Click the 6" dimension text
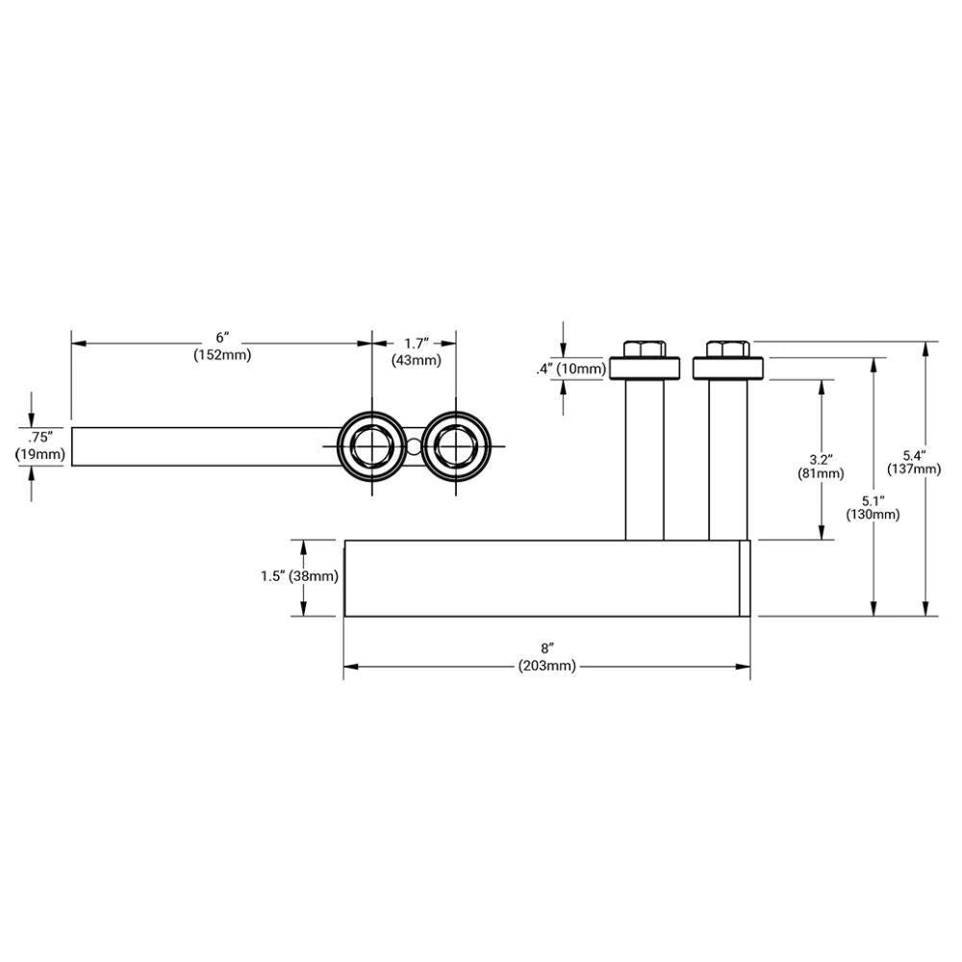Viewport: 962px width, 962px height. pos(222,338)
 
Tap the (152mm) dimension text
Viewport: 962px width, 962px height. pos(222,355)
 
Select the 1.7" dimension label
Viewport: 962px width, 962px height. pos(416,342)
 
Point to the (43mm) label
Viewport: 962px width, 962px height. pos(416,361)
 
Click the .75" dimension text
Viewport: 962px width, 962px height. pos(39,434)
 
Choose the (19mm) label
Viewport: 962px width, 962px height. pos(39,453)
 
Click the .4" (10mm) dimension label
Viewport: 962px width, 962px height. pos(571,368)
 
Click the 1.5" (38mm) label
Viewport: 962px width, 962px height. pos(299,576)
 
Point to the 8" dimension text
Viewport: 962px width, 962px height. pos(546,648)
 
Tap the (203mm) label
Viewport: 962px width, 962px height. pos(546,666)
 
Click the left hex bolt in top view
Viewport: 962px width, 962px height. pos(371,446)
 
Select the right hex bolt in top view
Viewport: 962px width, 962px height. pos(453,446)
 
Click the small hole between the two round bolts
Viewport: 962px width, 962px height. pos(413,446)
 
